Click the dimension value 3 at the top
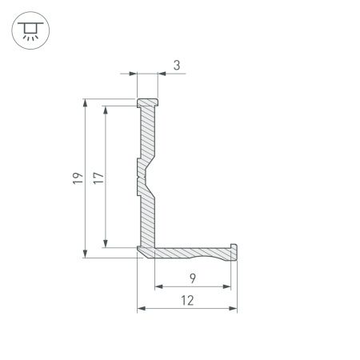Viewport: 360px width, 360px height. tap(175, 66)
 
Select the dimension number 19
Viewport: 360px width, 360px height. tap(75, 178)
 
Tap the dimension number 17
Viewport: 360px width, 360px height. tap(98, 178)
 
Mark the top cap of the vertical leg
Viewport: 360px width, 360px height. tap(147, 103)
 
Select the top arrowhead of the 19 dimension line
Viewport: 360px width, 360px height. tap(85, 103)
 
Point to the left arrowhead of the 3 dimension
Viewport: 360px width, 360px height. tap(134, 74)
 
